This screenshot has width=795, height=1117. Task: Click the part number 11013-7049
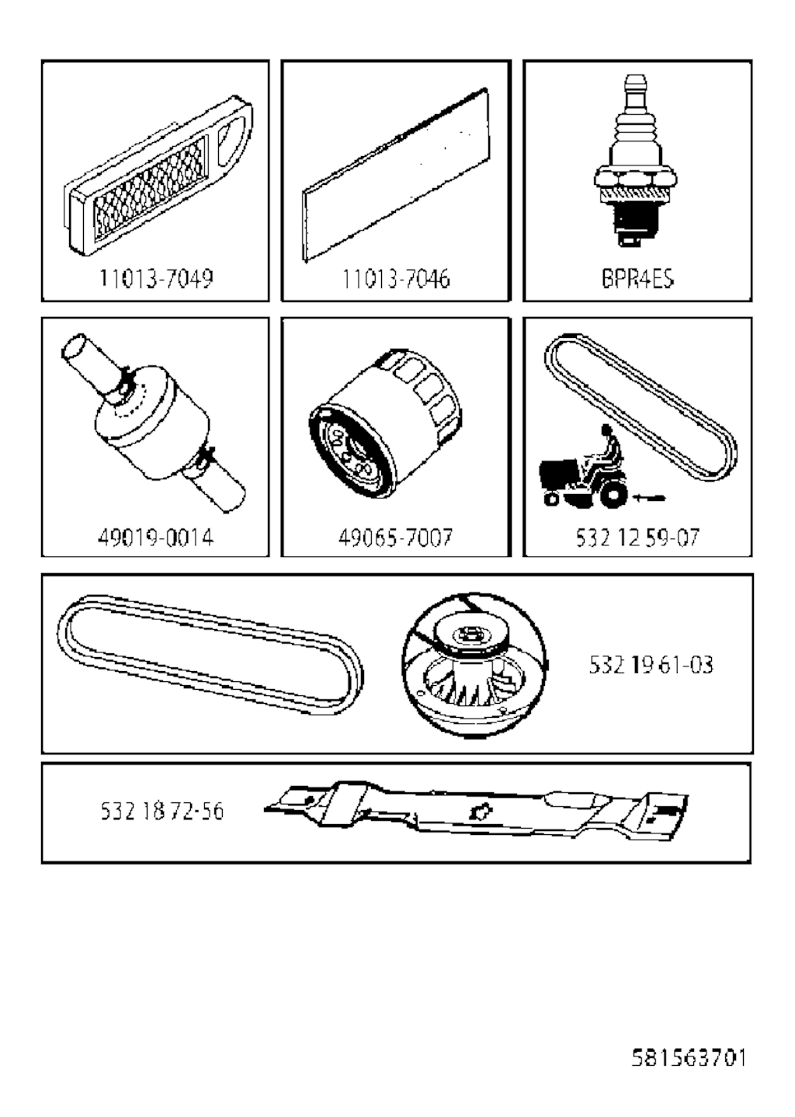[155, 278]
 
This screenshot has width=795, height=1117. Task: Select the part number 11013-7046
[396, 278]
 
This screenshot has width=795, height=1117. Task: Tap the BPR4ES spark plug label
[637, 278]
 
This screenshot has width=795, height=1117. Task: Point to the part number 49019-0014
[155, 537]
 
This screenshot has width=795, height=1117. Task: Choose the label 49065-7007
[396, 537]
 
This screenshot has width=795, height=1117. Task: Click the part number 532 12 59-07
[637, 537]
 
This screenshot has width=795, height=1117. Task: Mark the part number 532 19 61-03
[651, 665]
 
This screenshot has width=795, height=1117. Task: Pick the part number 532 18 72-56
[161, 812]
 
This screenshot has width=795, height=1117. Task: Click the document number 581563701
[688, 1057]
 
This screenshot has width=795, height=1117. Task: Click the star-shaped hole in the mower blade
[479, 812]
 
